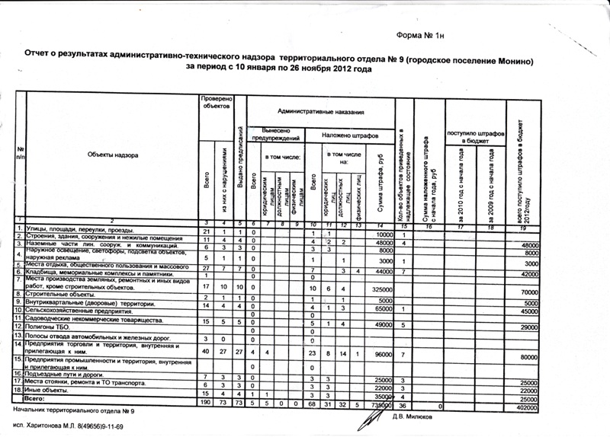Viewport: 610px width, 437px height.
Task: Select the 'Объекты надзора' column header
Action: [x=112, y=155]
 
